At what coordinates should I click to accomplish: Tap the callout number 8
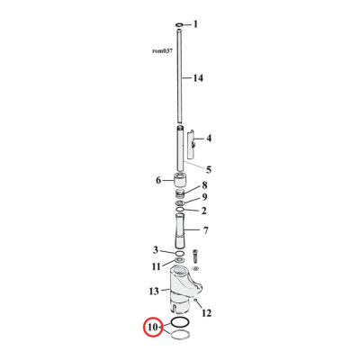click(204, 185)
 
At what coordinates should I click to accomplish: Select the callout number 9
click(204, 198)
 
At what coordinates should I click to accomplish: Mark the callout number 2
click(204, 211)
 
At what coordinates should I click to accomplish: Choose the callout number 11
click(156, 266)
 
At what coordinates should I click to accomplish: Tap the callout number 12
click(206, 313)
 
